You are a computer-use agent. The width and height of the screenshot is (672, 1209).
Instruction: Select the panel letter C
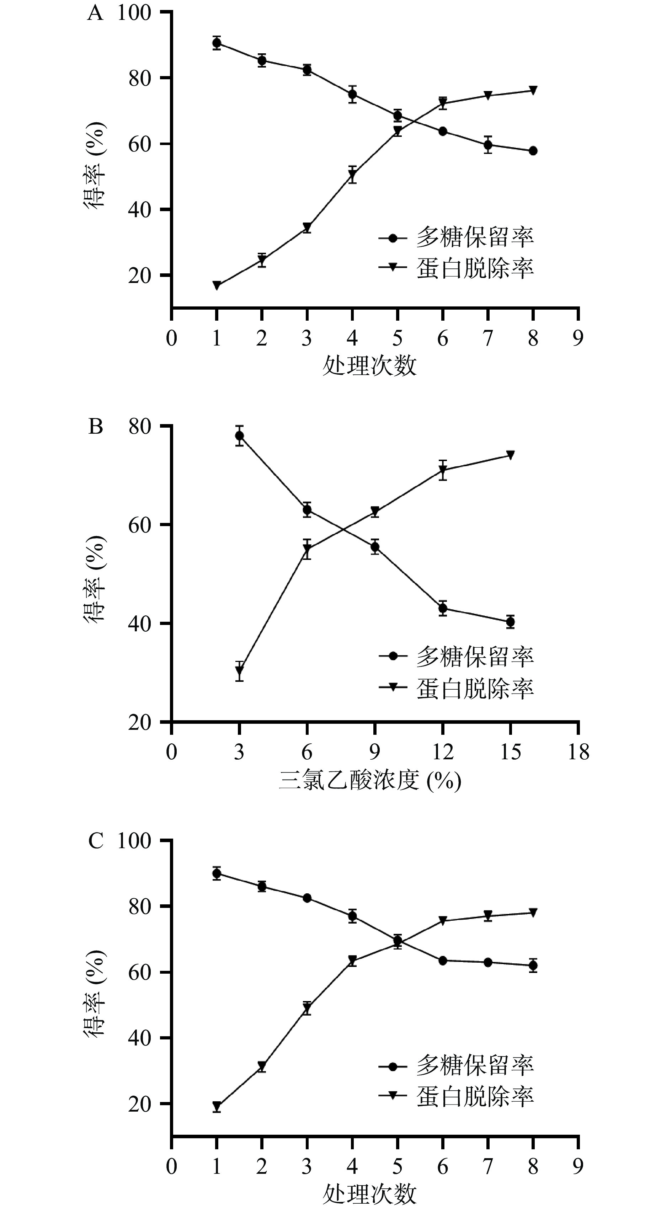95,841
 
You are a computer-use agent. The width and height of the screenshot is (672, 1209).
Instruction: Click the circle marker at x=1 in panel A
216,43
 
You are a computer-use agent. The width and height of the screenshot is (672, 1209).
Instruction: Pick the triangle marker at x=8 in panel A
533,90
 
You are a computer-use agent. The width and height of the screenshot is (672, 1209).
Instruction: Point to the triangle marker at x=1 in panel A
216,285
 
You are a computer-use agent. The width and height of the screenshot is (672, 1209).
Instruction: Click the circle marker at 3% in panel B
239,435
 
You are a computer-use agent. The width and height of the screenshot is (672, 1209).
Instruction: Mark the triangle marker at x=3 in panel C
307,1009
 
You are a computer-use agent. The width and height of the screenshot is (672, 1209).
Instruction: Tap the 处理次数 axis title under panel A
369,365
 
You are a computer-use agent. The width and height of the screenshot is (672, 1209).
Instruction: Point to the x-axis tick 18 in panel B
578,752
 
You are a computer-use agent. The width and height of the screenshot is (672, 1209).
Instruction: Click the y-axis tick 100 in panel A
134,13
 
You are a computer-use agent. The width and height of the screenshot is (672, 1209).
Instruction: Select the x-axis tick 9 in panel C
578,1166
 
